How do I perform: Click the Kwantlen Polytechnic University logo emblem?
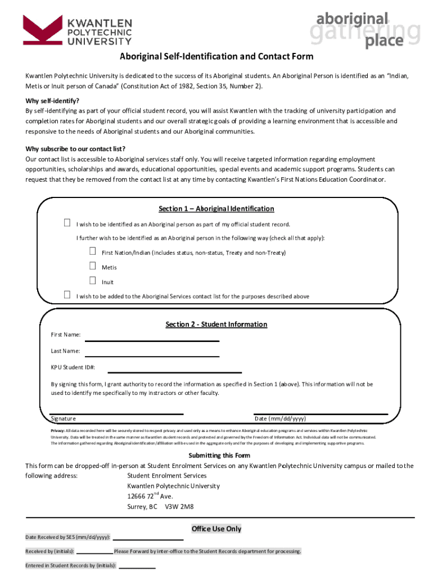click(42, 30)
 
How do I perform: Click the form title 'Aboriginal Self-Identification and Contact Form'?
click(216, 57)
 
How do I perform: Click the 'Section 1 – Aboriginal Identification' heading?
click(216, 209)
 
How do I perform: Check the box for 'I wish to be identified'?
click(67, 223)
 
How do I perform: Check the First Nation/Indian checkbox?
click(92, 251)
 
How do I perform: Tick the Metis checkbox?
click(92, 266)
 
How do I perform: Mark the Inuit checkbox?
click(92, 281)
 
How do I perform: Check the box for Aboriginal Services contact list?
click(67, 295)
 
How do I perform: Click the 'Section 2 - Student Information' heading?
click(216, 325)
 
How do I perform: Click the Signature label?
click(64, 418)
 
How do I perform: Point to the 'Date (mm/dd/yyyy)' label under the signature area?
click(280, 418)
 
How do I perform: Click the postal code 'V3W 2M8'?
click(179, 507)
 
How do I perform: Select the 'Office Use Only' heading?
click(216, 529)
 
